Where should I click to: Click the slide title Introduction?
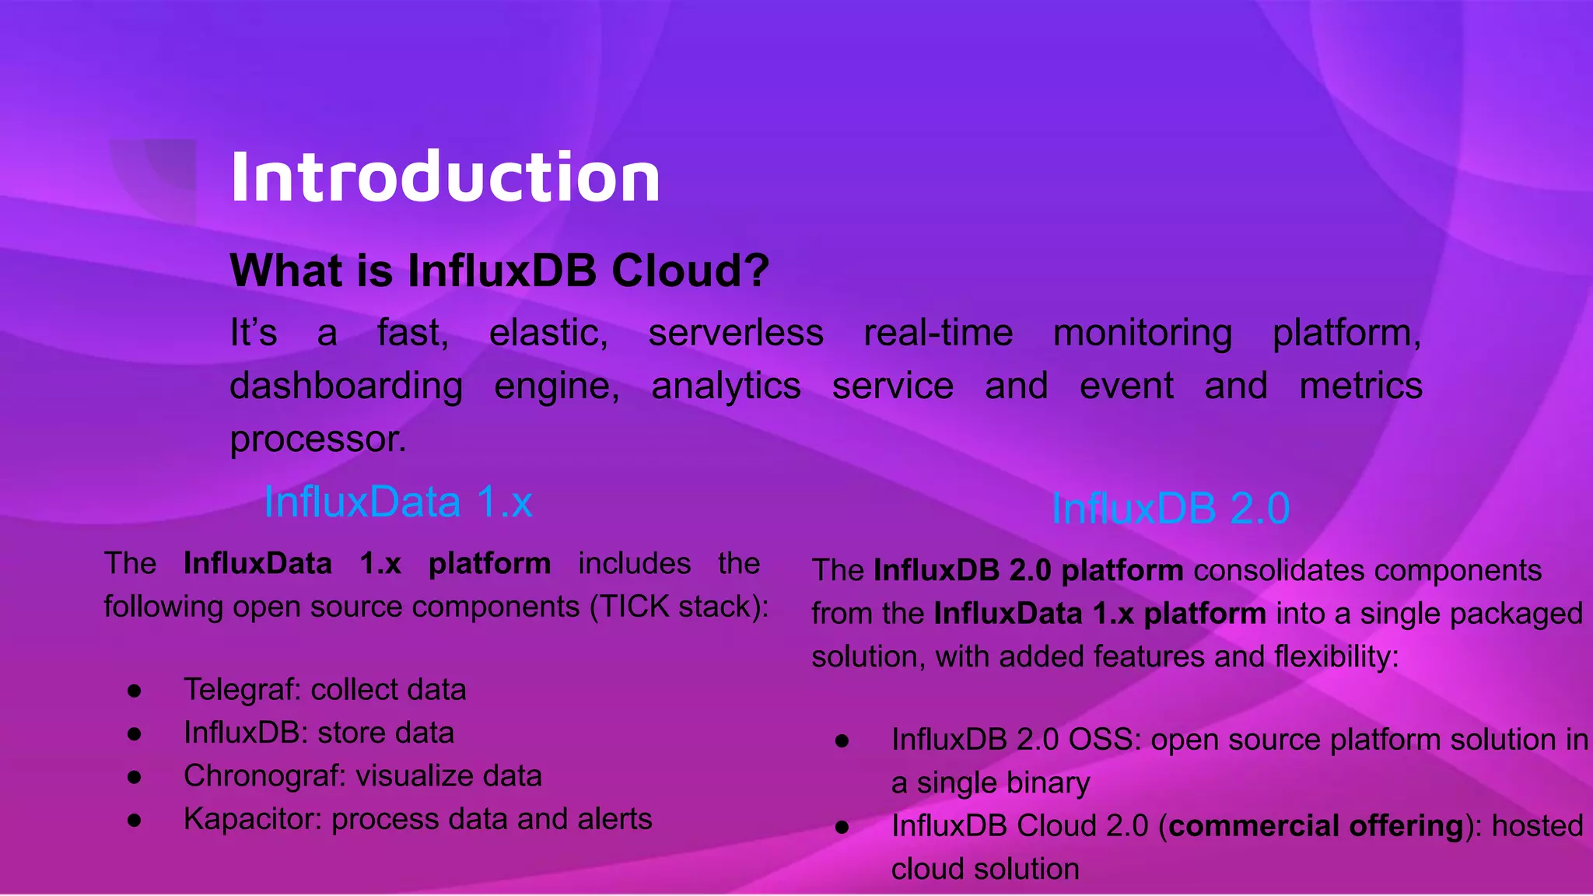point(445,177)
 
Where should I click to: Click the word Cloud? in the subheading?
point(690,271)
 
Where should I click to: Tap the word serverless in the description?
point(735,333)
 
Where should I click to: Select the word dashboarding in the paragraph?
point(346,387)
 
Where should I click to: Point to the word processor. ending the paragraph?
point(318,439)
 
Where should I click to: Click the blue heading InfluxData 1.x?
point(398,502)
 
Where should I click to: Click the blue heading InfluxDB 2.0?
point(1170,509)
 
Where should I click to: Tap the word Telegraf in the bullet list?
point(243,690)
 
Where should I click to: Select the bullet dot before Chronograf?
point(135,776)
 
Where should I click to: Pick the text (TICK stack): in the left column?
point(679,607)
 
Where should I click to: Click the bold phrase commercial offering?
point(1316,826)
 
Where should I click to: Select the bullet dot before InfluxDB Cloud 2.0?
point(842,827)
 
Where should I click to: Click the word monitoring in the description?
point(1142,333)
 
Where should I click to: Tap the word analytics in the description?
point(726,387)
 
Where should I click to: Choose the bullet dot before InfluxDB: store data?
point(135,733)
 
